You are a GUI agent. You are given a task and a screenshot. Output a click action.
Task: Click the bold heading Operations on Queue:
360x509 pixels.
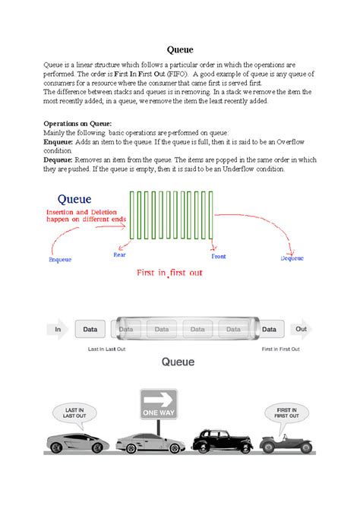pyautogui.click(x=78, y=122)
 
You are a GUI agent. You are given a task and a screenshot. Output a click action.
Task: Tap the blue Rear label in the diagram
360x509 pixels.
pyautogui.click(x=119, y=254)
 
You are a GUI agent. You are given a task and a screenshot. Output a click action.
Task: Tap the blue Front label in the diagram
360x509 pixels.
pyautogui.click(x=218, y=257)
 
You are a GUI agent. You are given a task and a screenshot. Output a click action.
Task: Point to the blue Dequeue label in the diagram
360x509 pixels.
pyautogui.click(x=292, y=258)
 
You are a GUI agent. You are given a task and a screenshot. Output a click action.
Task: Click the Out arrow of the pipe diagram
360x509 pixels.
pyautogui.click(x=301, y=329)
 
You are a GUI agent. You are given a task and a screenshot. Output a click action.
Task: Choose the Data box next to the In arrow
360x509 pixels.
pyautogui.click(x=90, y=329)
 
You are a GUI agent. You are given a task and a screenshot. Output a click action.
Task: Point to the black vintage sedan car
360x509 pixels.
pyautogui.click(x=219, y=441)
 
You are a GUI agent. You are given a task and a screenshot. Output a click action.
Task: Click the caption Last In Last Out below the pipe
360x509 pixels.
pyautogui.click(x=106, y=349)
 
